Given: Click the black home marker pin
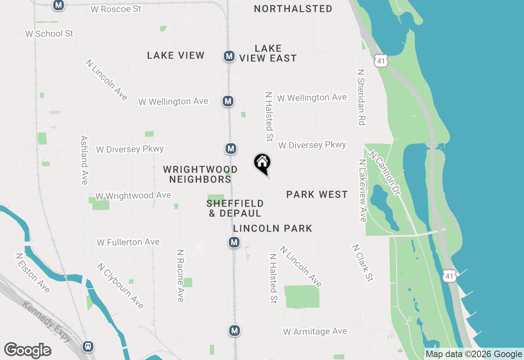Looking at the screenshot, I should (262, 163).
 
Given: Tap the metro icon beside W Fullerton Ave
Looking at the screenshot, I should (234, 242).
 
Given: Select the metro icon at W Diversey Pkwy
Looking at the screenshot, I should (231, 148).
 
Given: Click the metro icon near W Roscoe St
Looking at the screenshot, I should (59, 5).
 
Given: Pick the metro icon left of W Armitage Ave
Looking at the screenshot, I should (234, 330).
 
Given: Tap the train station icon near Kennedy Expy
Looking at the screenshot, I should (88, 346).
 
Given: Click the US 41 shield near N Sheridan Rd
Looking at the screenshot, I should (380, 61).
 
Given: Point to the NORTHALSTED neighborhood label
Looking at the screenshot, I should (293, 9).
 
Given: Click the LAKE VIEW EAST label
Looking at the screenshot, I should (268, 54).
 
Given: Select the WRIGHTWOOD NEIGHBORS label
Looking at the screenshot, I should (200, 174).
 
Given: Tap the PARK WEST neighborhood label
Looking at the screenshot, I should (317, 194).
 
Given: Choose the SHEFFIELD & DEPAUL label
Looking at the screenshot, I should (235, 208).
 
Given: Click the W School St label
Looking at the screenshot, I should (49, 34).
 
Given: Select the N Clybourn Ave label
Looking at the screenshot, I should (120, 286).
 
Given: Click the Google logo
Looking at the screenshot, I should (27, 351).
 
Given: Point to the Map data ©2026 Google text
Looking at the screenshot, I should (474, 354).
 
